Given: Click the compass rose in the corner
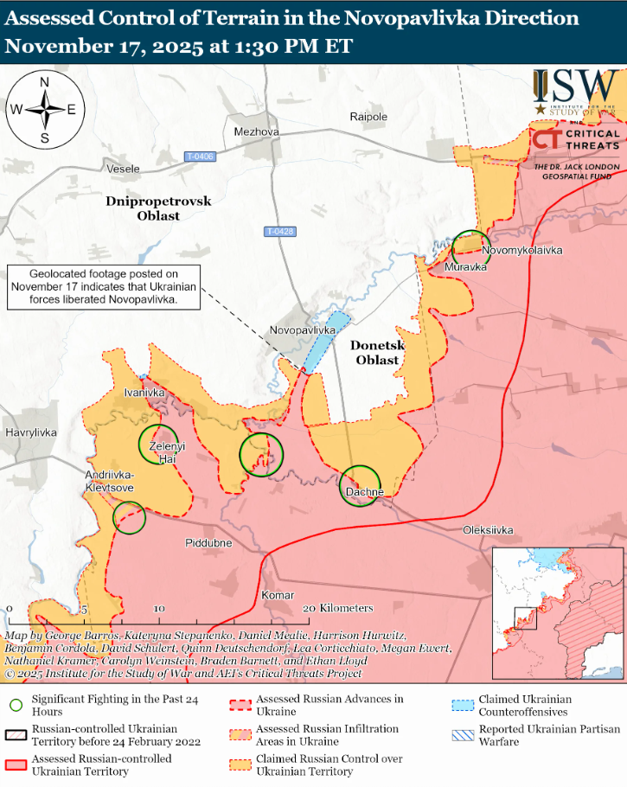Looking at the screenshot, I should coord(43,109).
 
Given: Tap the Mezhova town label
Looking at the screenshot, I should coord(257,131).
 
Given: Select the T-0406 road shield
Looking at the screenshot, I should coord(200,156).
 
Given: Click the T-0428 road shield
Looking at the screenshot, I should coord(280,231).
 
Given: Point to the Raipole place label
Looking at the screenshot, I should coord(368,117).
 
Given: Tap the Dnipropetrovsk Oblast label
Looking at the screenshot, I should coord(158,208).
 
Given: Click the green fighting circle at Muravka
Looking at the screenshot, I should coord(471,248).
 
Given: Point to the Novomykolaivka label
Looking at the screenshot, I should coord(522,250).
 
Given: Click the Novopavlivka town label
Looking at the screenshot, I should coord(303,330).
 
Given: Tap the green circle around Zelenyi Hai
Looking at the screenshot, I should coord(158,443).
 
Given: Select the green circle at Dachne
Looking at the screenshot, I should coord(360,485).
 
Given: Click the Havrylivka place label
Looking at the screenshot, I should coord(30,432).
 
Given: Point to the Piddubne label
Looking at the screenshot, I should coord(208,542).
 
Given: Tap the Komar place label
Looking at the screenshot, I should coord(278,595).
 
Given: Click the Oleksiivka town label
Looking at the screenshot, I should coord(488,529).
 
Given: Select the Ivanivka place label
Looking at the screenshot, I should coord(144,393).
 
